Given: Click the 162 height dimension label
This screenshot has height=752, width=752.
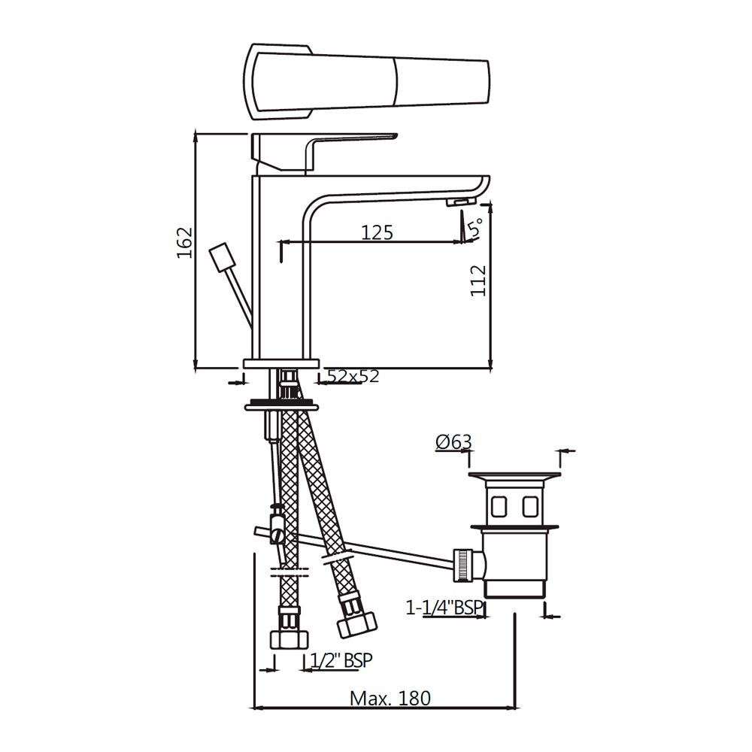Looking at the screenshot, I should click(x=185, y=242).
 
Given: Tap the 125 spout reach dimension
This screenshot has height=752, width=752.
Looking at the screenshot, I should click(x=377, y=232).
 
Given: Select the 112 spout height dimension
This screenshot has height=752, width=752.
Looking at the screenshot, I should click(x=479, y=280).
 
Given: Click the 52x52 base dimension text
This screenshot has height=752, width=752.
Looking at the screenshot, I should click(x=353, y=376).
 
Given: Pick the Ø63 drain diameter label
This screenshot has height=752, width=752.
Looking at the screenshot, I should click(x=453, y=442).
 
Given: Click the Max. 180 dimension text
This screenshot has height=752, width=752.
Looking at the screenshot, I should click(x=391, y=698).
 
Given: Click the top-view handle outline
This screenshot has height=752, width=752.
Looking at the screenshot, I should click(x=368, y=82).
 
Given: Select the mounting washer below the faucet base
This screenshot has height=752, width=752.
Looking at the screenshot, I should click(x=281, y=407).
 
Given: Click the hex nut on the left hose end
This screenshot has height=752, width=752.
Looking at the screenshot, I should click(x=288, y=639).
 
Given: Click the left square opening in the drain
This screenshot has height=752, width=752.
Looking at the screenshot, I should click(x=499, y=505).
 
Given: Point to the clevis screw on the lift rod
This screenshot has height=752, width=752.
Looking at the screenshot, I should click(x=277, y=535).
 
